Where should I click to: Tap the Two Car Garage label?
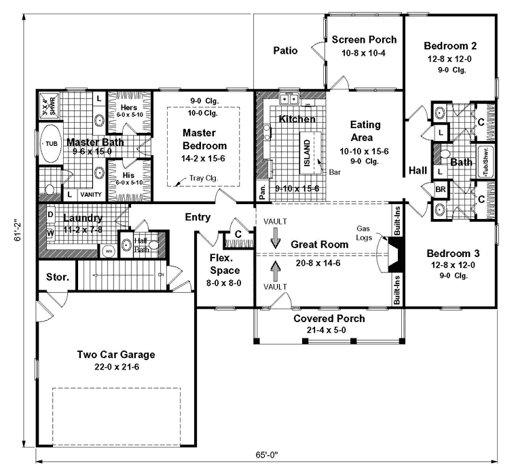click(116, 355)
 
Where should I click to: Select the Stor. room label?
click(56, 277)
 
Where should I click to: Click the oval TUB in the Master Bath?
click(51, 144)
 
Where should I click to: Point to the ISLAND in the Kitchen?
click(306, 149)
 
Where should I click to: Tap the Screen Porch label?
click(364, 40)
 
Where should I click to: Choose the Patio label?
click(286, 50)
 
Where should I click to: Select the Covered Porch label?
click(329, 319)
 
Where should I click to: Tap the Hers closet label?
click(130, 107)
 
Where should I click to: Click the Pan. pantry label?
click(262, 193)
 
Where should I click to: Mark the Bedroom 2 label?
click(449, 46)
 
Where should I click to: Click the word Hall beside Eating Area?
click(417, 171)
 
